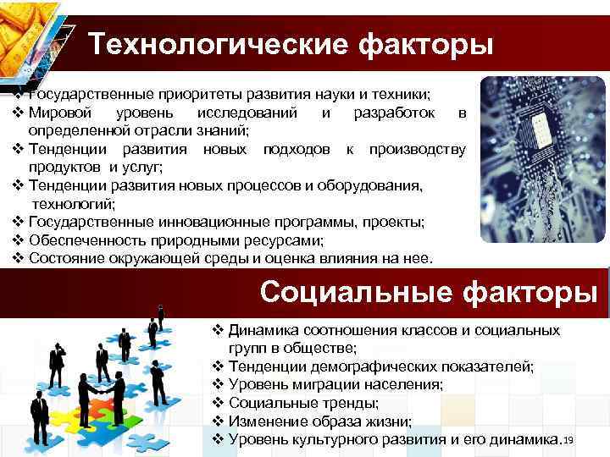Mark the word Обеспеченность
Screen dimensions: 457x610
point(83,240)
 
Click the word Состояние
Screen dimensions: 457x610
point(58,258)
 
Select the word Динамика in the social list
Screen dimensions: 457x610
point(263,329)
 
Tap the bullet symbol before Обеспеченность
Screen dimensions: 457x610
point(19,240)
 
